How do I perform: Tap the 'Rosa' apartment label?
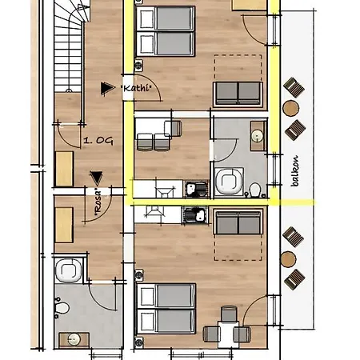(x=98, y=202)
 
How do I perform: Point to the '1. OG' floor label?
(x=98, y=141)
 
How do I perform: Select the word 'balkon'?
(x=294, y=171)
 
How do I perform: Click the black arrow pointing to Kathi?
(x=107, y=88)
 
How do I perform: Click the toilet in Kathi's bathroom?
(x=255, y=190)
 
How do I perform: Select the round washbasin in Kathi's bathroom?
(x=258, y=136)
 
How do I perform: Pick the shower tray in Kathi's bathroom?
(x=229, y=182)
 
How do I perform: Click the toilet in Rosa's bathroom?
(x=62, y=308)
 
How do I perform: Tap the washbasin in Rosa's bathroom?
(x=74, y=339)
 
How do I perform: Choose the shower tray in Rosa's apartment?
(x=69, y=270)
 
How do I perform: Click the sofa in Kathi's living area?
(x=238, y=94)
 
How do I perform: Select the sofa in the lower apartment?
(x=238, y=222)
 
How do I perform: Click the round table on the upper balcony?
(x=291, y=108)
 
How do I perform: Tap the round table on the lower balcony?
(x=288, y=259)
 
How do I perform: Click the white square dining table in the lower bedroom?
(x=228, y=334)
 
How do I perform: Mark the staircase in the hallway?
(x=69, y=46)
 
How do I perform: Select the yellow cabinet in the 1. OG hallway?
(x=64, y=169)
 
